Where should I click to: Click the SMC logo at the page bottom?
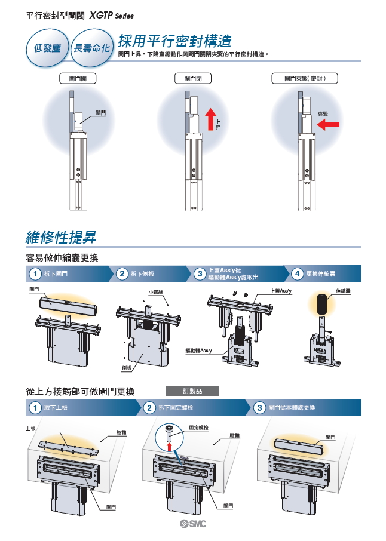(x=192, y=524)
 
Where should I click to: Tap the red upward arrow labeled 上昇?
(x=210, y=119)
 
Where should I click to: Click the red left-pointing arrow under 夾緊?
(x=328, y=125)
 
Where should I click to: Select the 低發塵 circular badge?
(x=47, y=48)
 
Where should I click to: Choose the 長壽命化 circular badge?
(x=92, y=48)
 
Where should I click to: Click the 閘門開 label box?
(x=78, y=78)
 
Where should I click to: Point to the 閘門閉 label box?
(x=192, y=78)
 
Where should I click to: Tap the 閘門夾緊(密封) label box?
(x=305, y=78)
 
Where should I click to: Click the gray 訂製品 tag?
(x=192, y=391)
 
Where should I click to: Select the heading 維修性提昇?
(x=61, y=238)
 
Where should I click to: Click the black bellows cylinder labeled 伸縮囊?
(x=322, y=305)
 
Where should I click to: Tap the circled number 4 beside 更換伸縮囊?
(x=298, y=273)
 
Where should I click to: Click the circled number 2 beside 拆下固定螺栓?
(x=149, y=408)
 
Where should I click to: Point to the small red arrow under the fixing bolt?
(x=169, y=447)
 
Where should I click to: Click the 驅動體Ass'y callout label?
(x=198, y=351)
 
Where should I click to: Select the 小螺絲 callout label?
(x=156, y=292)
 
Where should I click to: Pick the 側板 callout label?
(x=127, y=368)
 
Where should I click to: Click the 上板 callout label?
(x=30, y=428)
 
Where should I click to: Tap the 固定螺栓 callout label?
(x=199, y=428)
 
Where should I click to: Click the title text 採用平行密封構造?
(x=174, y=41)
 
